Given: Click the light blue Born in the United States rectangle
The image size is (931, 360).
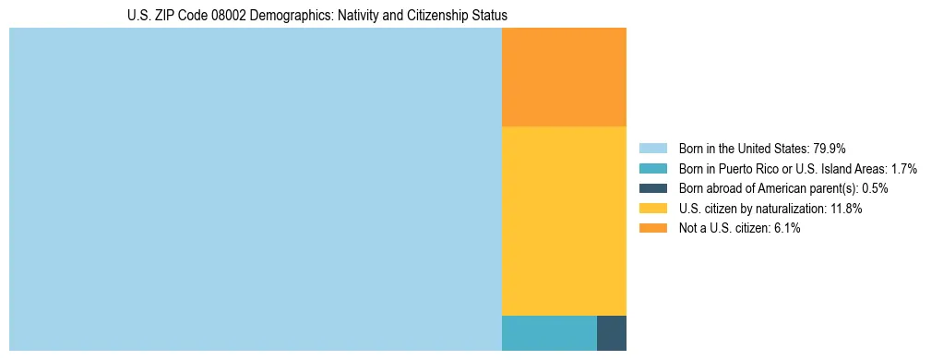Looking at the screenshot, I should coord(255,189).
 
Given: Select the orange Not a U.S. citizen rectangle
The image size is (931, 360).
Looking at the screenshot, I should coord(564,77).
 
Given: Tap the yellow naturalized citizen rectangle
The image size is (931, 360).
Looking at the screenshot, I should coord(564,221).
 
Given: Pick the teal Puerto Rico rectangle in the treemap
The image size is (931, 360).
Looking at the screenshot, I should coord(549,333).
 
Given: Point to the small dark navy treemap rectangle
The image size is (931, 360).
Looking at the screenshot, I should coord(612,333).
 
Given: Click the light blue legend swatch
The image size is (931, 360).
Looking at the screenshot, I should coord(652,149).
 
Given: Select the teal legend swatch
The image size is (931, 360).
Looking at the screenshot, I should coord(652,169).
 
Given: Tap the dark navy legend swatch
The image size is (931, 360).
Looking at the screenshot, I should coord(652,188).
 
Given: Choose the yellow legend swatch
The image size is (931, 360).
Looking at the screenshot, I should coord(652,209).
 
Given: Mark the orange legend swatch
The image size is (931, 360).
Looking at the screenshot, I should coord(652,228).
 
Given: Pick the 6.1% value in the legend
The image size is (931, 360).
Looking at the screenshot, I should coord(785,228).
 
